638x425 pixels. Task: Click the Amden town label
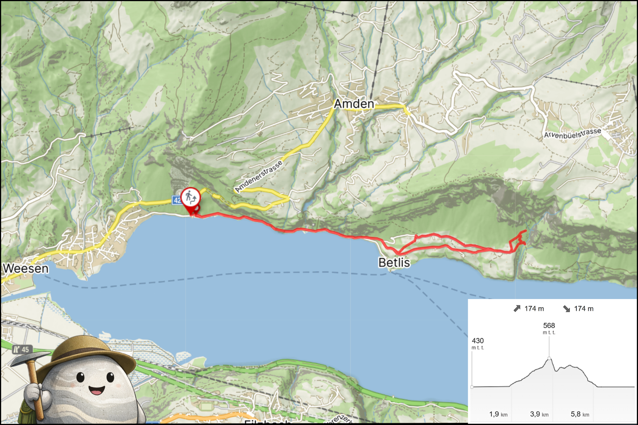pyautogui.click(x=354, y=104)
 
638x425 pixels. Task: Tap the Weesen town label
pyautogui.click(x=26, y=268)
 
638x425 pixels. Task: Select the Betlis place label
pyautogui.click(x=394, y=263)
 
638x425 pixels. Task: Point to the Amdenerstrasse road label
pyautogui.click(x=259, y=176)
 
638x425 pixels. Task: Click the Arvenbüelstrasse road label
pyautogui.click(x=572, y=134)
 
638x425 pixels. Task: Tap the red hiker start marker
pyautogui.click(x=190, y=198)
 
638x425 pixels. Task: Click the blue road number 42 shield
pyautogui.click(x=176, y=200)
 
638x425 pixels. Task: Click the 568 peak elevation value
pyautogui.click(x=549, y=326)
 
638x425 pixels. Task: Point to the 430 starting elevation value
pyautogui.click(x=477, y=341)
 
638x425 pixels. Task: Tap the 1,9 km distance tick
pyautogui.click(x=498, y=414)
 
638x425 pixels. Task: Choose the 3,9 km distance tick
pyautogui.click(x=539, y=414)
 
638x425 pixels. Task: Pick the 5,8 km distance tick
pyautogui.click(x=580, y=414)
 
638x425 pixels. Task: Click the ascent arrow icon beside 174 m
pyautogui.click(x=517, y=308)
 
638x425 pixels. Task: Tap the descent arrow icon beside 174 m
pyautogui.click(x=567, y=308)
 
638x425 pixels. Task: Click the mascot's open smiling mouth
pyautogui.click(x=96, y=390)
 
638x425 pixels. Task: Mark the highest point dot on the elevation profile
pyautogui.click(x=549, y=358)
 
